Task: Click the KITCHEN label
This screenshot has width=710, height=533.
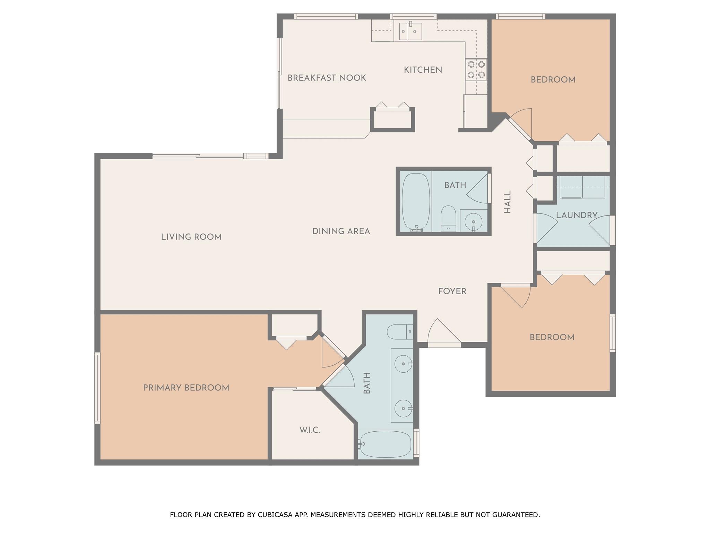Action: pyautogui.click(x=423, y=70)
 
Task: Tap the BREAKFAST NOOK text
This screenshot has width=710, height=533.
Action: pyautogui.click(x=327, y=78)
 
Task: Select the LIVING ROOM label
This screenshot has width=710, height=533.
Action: pyautogui.click(x=191, y=237)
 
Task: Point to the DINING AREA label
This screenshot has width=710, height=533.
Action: pyautogui.click(x=341, y=231)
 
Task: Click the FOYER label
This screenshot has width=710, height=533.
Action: pyautogui.click(x=452, y=291)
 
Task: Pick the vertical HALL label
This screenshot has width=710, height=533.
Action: pyautogui.click(x=508, y=202)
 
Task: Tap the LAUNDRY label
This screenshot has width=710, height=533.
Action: pyautogui.click(x=577, y=215)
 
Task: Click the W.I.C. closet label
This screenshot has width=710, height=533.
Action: pyautogui.click(x=310, y=430)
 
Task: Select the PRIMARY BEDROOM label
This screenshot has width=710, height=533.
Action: pyautogui.click(x=186, y=388)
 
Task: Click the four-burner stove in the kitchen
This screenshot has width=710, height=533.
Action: pyautogui.click(x=476, y=69)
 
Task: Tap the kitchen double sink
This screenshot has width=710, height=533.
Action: pyautogui.click(x=410, y=32)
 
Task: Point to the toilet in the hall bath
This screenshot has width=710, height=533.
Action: pyautogui.click(x=448, y=218)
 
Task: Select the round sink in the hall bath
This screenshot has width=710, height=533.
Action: pyautogui.click(x=473, y=220)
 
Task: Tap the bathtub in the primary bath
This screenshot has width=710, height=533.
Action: pyautogui.click(x=386, y=445)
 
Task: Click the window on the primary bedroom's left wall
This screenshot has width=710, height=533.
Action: pyautogui.click(x=97, y=388)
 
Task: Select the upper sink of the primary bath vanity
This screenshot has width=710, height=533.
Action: pyautogui.click(x=404, y=364)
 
